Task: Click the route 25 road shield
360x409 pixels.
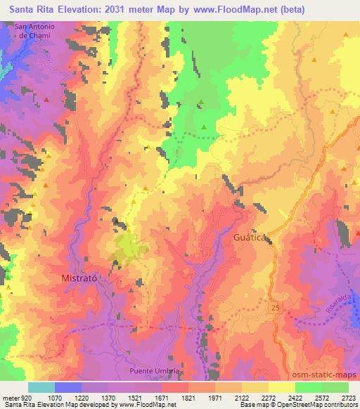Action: pyautogui.click(x=273, y=309)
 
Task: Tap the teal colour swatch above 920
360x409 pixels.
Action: pyautogui.click(x=41, y=387)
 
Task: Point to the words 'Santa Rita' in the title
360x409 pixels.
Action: pyautogui.click(x=27, y=11)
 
